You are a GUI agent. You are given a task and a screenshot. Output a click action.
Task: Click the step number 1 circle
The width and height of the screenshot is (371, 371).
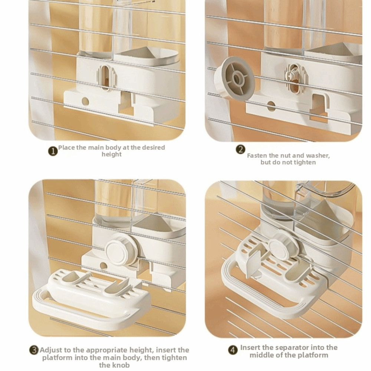pos(53,151)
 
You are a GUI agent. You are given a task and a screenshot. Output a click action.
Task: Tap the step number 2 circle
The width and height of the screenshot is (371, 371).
pos(240,150)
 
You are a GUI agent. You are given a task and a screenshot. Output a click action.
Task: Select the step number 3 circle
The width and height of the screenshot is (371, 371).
pos(34,350)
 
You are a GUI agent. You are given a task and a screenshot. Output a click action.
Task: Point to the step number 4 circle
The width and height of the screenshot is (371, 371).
pos(233,350)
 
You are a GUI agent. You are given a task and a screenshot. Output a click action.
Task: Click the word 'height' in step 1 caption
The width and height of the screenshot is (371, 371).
pos(111,154)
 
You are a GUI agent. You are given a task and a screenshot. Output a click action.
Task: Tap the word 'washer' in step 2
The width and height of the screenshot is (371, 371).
pos(318,155)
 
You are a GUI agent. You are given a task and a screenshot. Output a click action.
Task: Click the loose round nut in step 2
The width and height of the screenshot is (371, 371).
pos(234,78)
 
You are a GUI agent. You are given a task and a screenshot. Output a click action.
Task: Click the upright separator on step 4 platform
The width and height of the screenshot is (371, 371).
pos(253,262)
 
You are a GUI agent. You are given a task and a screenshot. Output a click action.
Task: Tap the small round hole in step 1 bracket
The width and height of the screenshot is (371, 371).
pos(85,101)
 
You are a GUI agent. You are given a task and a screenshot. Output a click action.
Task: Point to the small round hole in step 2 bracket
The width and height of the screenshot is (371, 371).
pos(271,106)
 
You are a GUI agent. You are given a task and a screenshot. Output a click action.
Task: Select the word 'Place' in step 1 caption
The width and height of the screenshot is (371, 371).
pos(66,147)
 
